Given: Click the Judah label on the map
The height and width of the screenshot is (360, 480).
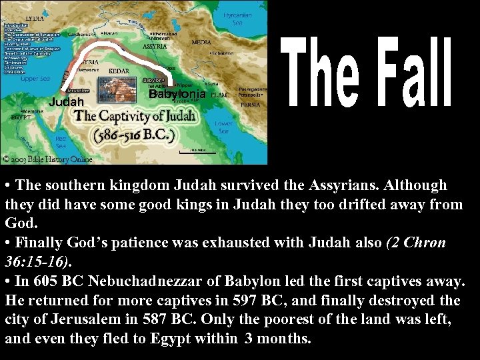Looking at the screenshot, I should point(67,102).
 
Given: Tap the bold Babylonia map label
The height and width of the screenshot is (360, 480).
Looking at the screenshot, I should point(177,94).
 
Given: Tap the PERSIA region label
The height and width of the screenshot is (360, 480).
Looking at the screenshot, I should point(251,105).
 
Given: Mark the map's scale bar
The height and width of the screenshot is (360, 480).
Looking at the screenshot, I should point(197,151).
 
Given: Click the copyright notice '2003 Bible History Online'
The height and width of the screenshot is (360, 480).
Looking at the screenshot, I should point(48,159).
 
